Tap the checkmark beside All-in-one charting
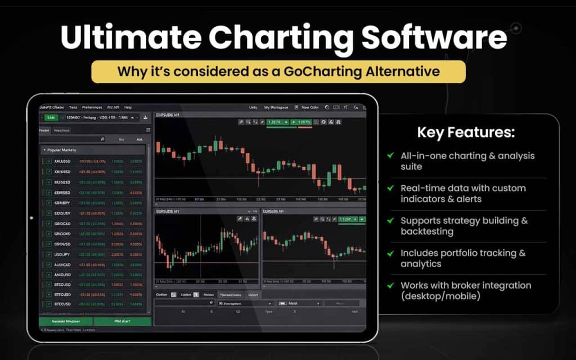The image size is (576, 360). tap(390, 156)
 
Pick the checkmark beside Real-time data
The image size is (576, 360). tap(390, 188)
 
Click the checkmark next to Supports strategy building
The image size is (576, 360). tap(390, 220)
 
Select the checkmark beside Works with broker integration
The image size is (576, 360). tap(390, 285)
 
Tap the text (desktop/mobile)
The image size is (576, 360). tap(440, 296)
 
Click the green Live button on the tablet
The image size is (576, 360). tap(51, 118)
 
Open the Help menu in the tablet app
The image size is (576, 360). tap(128, 107)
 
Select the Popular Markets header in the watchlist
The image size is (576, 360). tap(62, 150)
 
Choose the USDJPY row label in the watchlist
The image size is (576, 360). tap(62, 254)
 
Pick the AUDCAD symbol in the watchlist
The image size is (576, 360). tap(62, 264)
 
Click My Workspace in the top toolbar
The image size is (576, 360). tap(276, 107)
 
